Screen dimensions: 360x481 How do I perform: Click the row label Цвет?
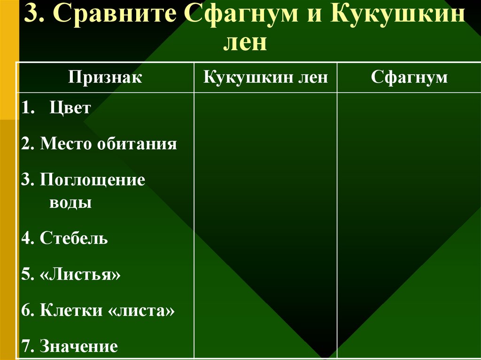coord(70,108)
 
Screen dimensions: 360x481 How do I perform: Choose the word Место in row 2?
coord(66,144)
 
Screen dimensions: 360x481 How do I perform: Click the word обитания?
coord(137,144)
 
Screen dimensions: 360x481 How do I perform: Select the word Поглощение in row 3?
coord(92,180)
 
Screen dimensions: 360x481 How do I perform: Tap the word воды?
coord(70,203)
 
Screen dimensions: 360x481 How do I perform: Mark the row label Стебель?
coord(74,238)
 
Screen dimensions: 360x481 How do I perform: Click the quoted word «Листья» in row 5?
coord(80,275)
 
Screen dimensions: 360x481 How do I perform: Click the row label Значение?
coord(78,346)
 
